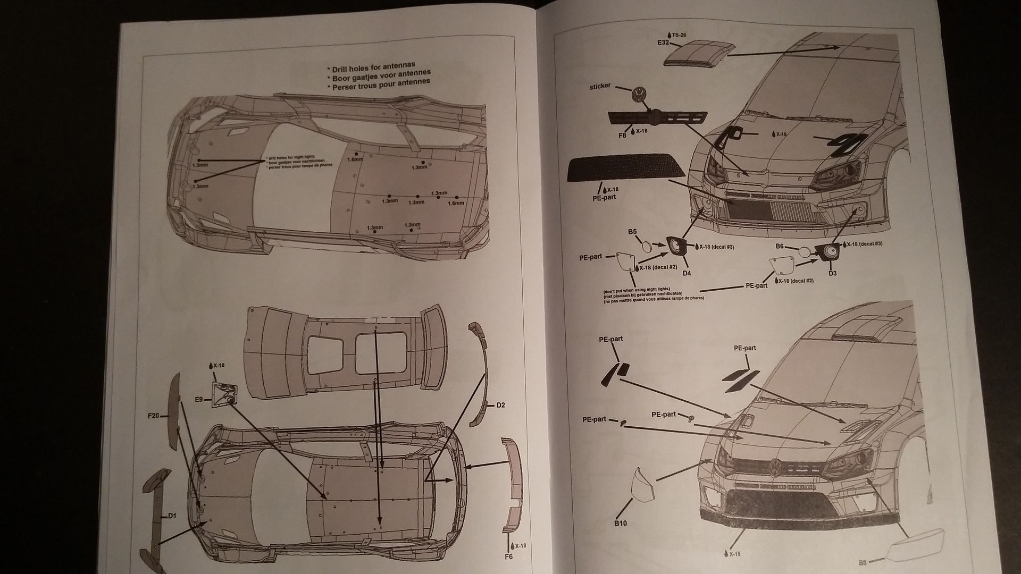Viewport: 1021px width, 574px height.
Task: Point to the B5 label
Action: tap(632, 232)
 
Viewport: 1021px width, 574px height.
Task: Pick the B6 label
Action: tap(780, 246)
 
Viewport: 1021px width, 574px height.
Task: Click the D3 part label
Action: tap(832, 273)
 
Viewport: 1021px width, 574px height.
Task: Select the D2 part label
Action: tap(500, 405)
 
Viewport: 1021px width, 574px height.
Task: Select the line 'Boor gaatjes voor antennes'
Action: tap(380, 75)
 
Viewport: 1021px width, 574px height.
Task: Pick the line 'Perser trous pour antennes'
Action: tap(380, 84)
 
